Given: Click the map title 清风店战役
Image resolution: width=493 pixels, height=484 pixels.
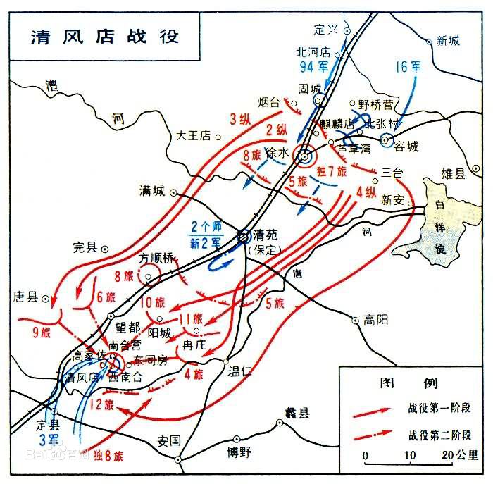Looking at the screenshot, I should coord(104,36).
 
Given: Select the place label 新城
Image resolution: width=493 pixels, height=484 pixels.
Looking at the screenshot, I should coord(448,41).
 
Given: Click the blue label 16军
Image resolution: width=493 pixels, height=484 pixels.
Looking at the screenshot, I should coord(408,67).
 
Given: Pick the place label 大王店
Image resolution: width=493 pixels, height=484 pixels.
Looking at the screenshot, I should coord(194,135).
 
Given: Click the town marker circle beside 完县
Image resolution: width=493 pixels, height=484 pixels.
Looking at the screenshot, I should coord(105,249).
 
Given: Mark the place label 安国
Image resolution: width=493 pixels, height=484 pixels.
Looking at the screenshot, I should coord(169,441).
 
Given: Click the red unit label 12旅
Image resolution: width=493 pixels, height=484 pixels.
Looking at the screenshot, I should coord(101,404).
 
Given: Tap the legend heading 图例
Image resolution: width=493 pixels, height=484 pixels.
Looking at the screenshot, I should coord(410,383).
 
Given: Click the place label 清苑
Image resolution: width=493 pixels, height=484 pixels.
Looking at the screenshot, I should coord(266,237).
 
